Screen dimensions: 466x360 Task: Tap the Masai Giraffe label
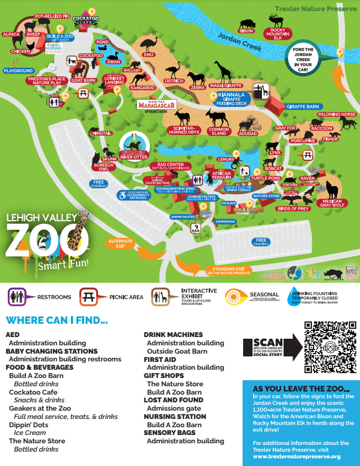[226, 86]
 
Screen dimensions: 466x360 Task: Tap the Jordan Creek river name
[239, 43]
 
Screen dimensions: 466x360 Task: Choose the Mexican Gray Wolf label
[334, 203]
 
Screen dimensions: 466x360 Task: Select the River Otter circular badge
[133, 143]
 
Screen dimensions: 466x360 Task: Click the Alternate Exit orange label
[121, 244]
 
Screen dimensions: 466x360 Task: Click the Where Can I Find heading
[56, 320]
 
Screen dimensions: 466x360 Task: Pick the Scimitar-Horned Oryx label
[183, 131]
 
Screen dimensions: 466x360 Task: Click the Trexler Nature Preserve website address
[297, 457]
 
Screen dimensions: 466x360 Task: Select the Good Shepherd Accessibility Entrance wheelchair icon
[121, 195]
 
